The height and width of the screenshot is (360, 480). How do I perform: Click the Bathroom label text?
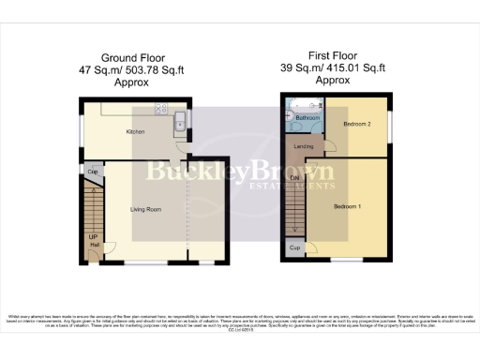pos(308,119)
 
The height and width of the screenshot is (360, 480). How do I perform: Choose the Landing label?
pos(304,146)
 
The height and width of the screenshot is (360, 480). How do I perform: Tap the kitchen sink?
pos(179,120)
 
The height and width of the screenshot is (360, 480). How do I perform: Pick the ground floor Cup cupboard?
pos(93,172)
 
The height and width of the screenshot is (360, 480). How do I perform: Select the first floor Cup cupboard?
pos(294,248)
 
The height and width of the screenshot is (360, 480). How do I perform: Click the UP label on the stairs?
pos(92,237)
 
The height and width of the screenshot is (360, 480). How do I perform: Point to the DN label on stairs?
pos(294,178)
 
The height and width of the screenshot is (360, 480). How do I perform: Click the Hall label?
pos(93,246)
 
